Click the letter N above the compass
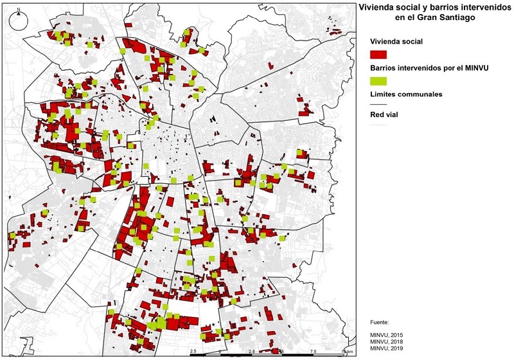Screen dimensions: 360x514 [x=19, y=10]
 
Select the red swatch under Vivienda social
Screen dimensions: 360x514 [x=379, y=53]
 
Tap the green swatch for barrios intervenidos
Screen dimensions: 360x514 [x=379, y=80]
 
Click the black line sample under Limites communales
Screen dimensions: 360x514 [x=379, y=104]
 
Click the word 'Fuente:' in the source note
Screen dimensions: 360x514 [x=380, y=321]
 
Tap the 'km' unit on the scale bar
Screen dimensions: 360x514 [x=350, y=352]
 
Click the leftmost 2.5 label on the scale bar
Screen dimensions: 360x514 [x=192, y=352]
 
